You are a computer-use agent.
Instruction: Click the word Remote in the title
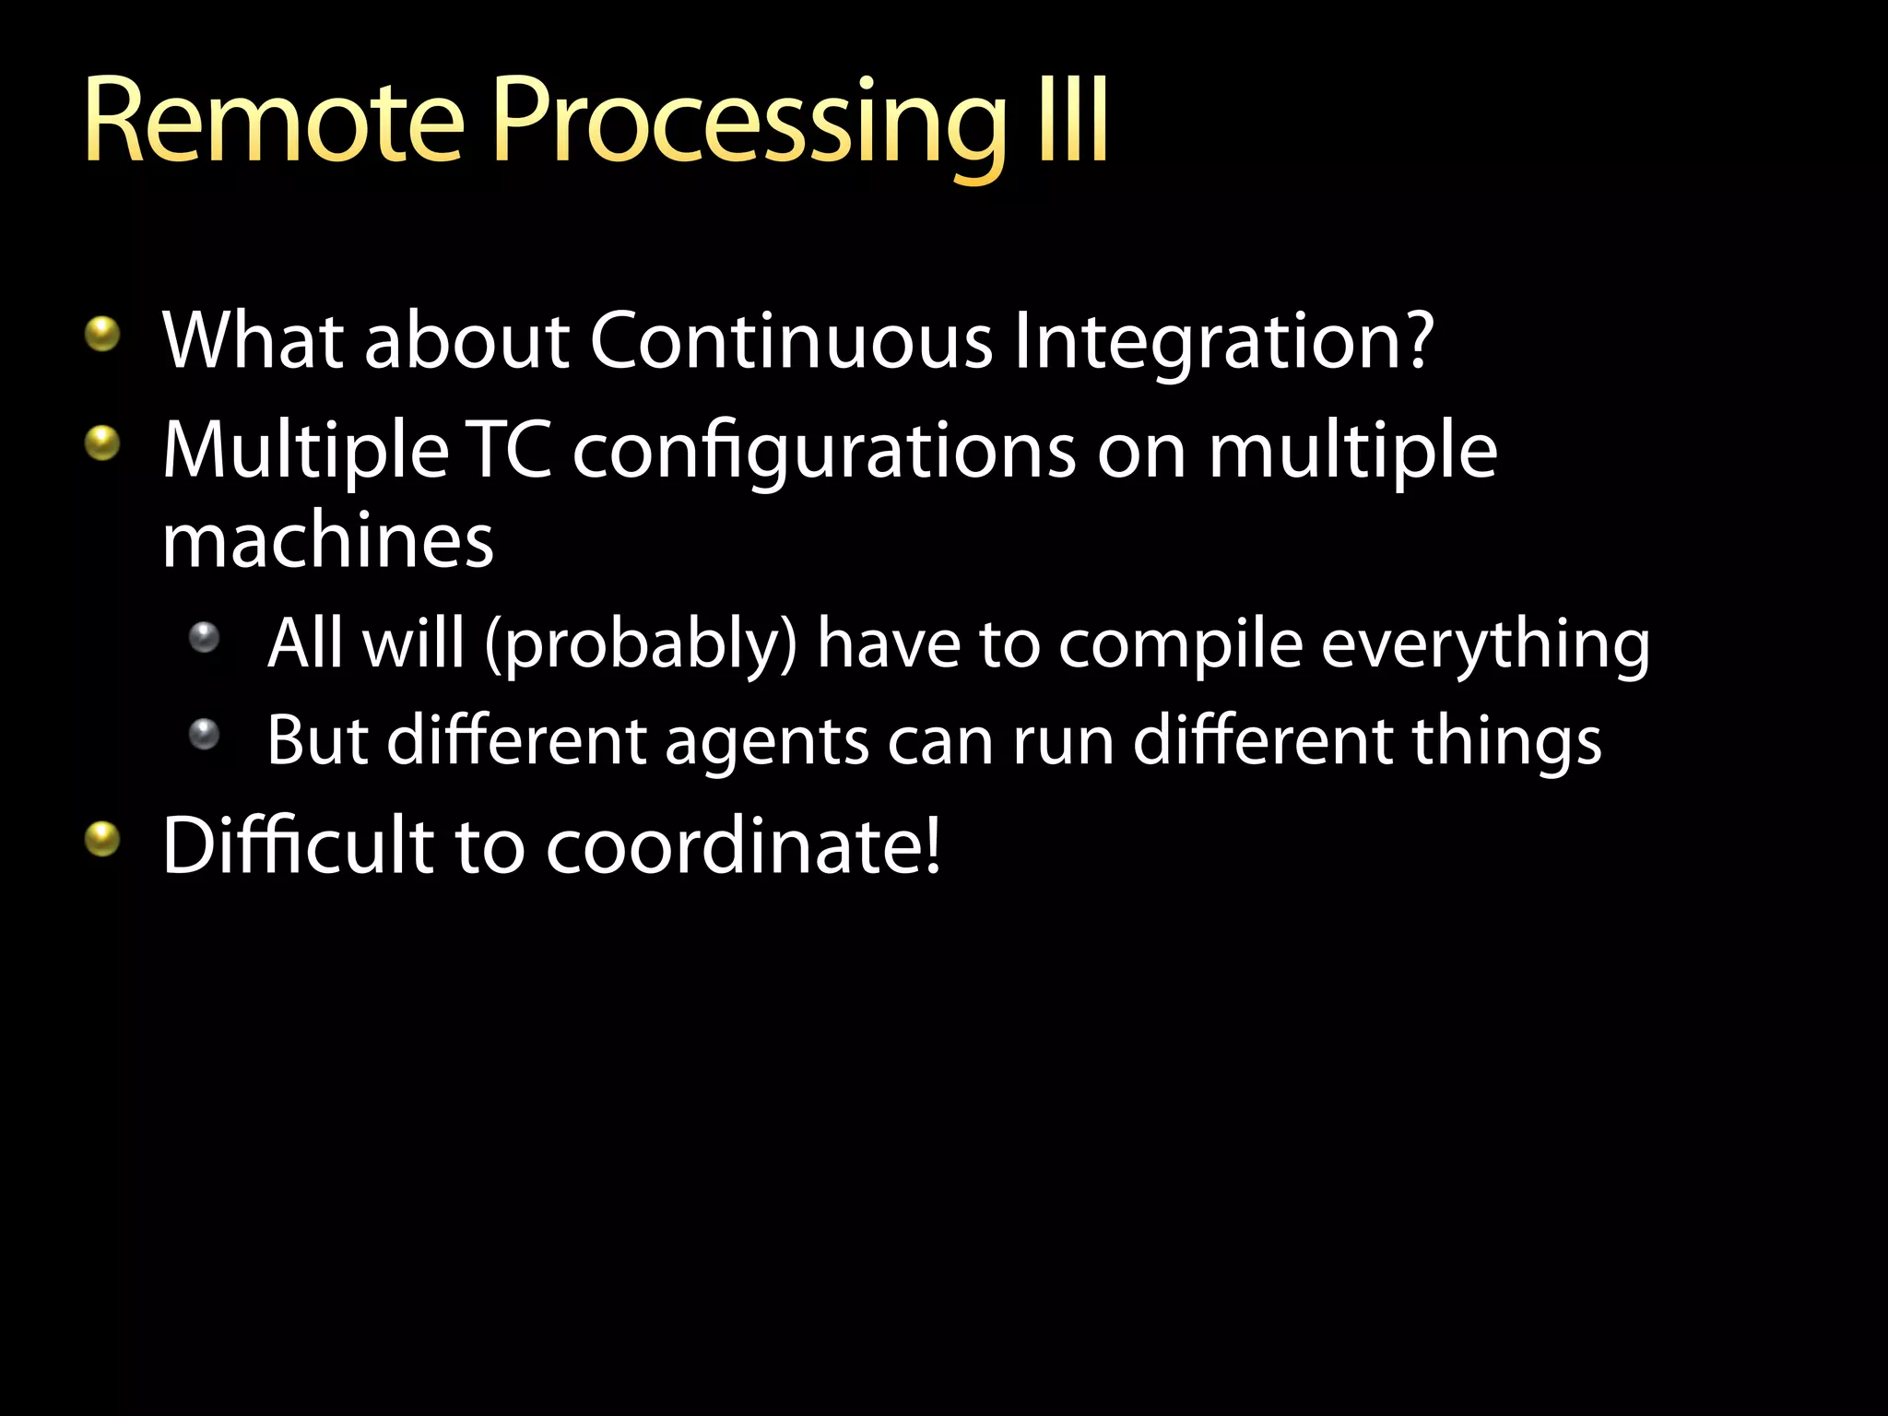click(x=273, y=122)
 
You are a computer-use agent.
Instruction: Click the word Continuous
click(x=791, y=340)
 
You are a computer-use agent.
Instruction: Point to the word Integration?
click(x=1223, y=343)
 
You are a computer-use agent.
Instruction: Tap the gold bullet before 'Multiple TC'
click(x=102, y=443)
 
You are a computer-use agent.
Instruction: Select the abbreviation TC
click(x=510, y=451)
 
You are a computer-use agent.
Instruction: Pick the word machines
click(x=327, y=541)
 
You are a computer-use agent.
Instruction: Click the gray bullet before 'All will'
click(x=204, y=637)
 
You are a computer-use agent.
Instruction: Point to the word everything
click(x=1485, y=646)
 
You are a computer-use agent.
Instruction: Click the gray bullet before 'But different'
click(x=204, y=735)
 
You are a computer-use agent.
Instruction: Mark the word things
click(x=1507, y=741)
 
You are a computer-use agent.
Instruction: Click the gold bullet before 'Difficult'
click(x=102, y=839)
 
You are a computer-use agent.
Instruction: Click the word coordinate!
click(x=743, y=846)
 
